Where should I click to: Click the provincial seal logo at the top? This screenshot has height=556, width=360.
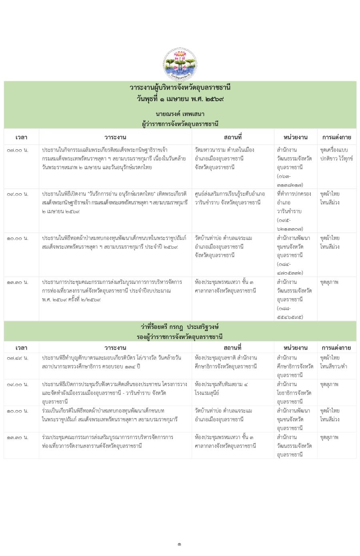tap(180, 64)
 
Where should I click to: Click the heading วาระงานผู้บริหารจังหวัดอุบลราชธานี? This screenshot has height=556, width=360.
tap(180, 88)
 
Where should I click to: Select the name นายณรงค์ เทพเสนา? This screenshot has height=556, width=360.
tap(180, 114)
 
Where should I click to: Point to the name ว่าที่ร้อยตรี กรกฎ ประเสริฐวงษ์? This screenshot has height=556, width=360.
tap(180, 327)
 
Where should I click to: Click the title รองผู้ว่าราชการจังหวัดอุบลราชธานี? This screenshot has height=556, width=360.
tap(180, 337)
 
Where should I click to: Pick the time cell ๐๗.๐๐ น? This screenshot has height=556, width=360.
tap(18, 150)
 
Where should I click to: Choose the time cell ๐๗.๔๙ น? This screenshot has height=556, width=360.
tap(18, 358)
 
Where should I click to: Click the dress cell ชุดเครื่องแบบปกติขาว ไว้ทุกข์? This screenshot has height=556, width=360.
tap(336, 154)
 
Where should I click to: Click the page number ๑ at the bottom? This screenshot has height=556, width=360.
tap(180, 544)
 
